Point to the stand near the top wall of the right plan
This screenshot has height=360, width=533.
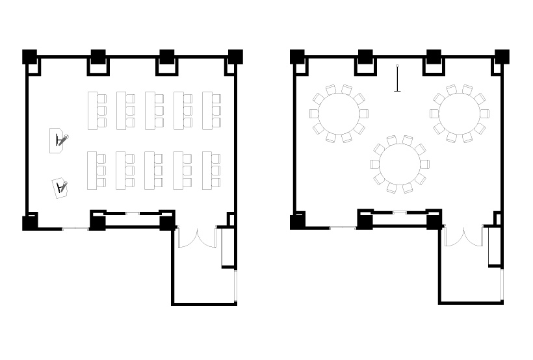click(x=397, y=79)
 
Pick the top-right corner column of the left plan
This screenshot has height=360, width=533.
click(x=235, y=57)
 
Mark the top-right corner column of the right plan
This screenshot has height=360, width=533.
click(x=502, y=57)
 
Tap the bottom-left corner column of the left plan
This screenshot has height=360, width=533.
click(x=30, y=222)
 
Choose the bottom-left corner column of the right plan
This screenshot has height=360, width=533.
click(x=297, y=222)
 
